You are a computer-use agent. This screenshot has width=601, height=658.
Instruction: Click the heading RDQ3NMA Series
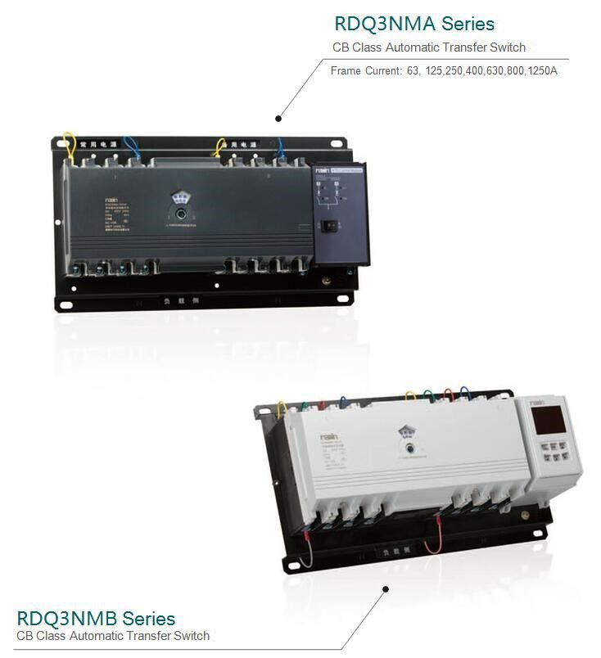(414, 23)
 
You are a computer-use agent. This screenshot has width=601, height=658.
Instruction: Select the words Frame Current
(366, 71)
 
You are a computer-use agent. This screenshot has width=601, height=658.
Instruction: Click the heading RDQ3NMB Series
(96, 618)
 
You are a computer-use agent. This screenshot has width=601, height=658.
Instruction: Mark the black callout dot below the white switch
(385, 587)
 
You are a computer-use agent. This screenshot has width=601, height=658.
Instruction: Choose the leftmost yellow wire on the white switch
(282, 407)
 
